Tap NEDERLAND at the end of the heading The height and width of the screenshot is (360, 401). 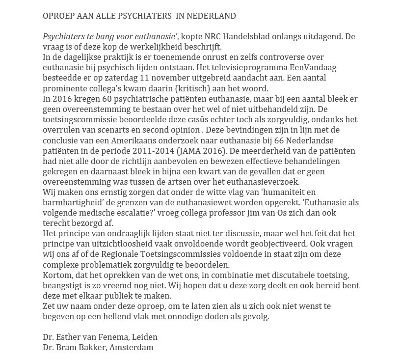coord(214,16)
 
